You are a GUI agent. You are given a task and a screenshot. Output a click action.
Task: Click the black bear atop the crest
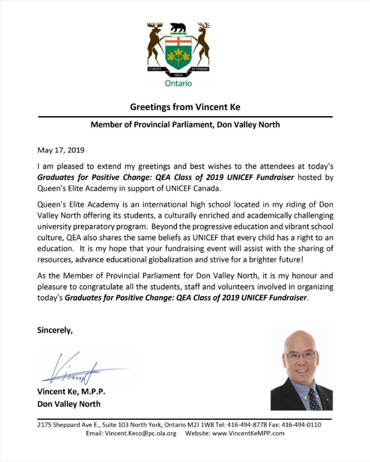[x=178, y=28]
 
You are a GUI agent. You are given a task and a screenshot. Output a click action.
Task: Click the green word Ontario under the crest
[x=178, y=83]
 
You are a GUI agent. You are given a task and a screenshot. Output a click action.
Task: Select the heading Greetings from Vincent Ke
[x=185, y=107]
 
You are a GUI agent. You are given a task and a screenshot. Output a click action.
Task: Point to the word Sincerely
[x=55, y=330]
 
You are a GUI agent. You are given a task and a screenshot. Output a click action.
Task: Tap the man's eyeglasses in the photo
[x=300, y=355]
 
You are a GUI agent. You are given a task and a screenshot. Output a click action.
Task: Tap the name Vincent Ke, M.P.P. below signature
[x=71, y=392]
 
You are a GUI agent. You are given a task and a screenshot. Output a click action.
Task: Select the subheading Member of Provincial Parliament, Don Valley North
[x=185, y=125]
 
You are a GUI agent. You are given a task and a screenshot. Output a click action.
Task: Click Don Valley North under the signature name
[x=69, y=404]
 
